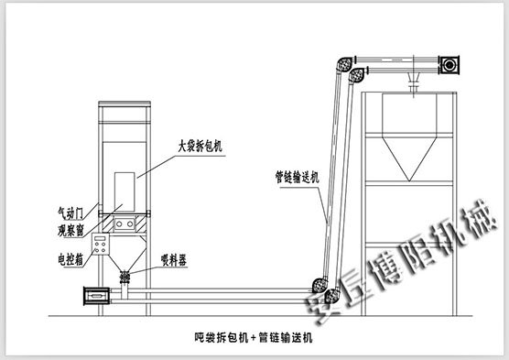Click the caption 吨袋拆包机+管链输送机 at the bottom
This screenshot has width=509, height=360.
click(254, 336)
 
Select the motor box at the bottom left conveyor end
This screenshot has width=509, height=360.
click(94, 295)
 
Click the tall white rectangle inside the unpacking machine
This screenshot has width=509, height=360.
click(123, 192)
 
